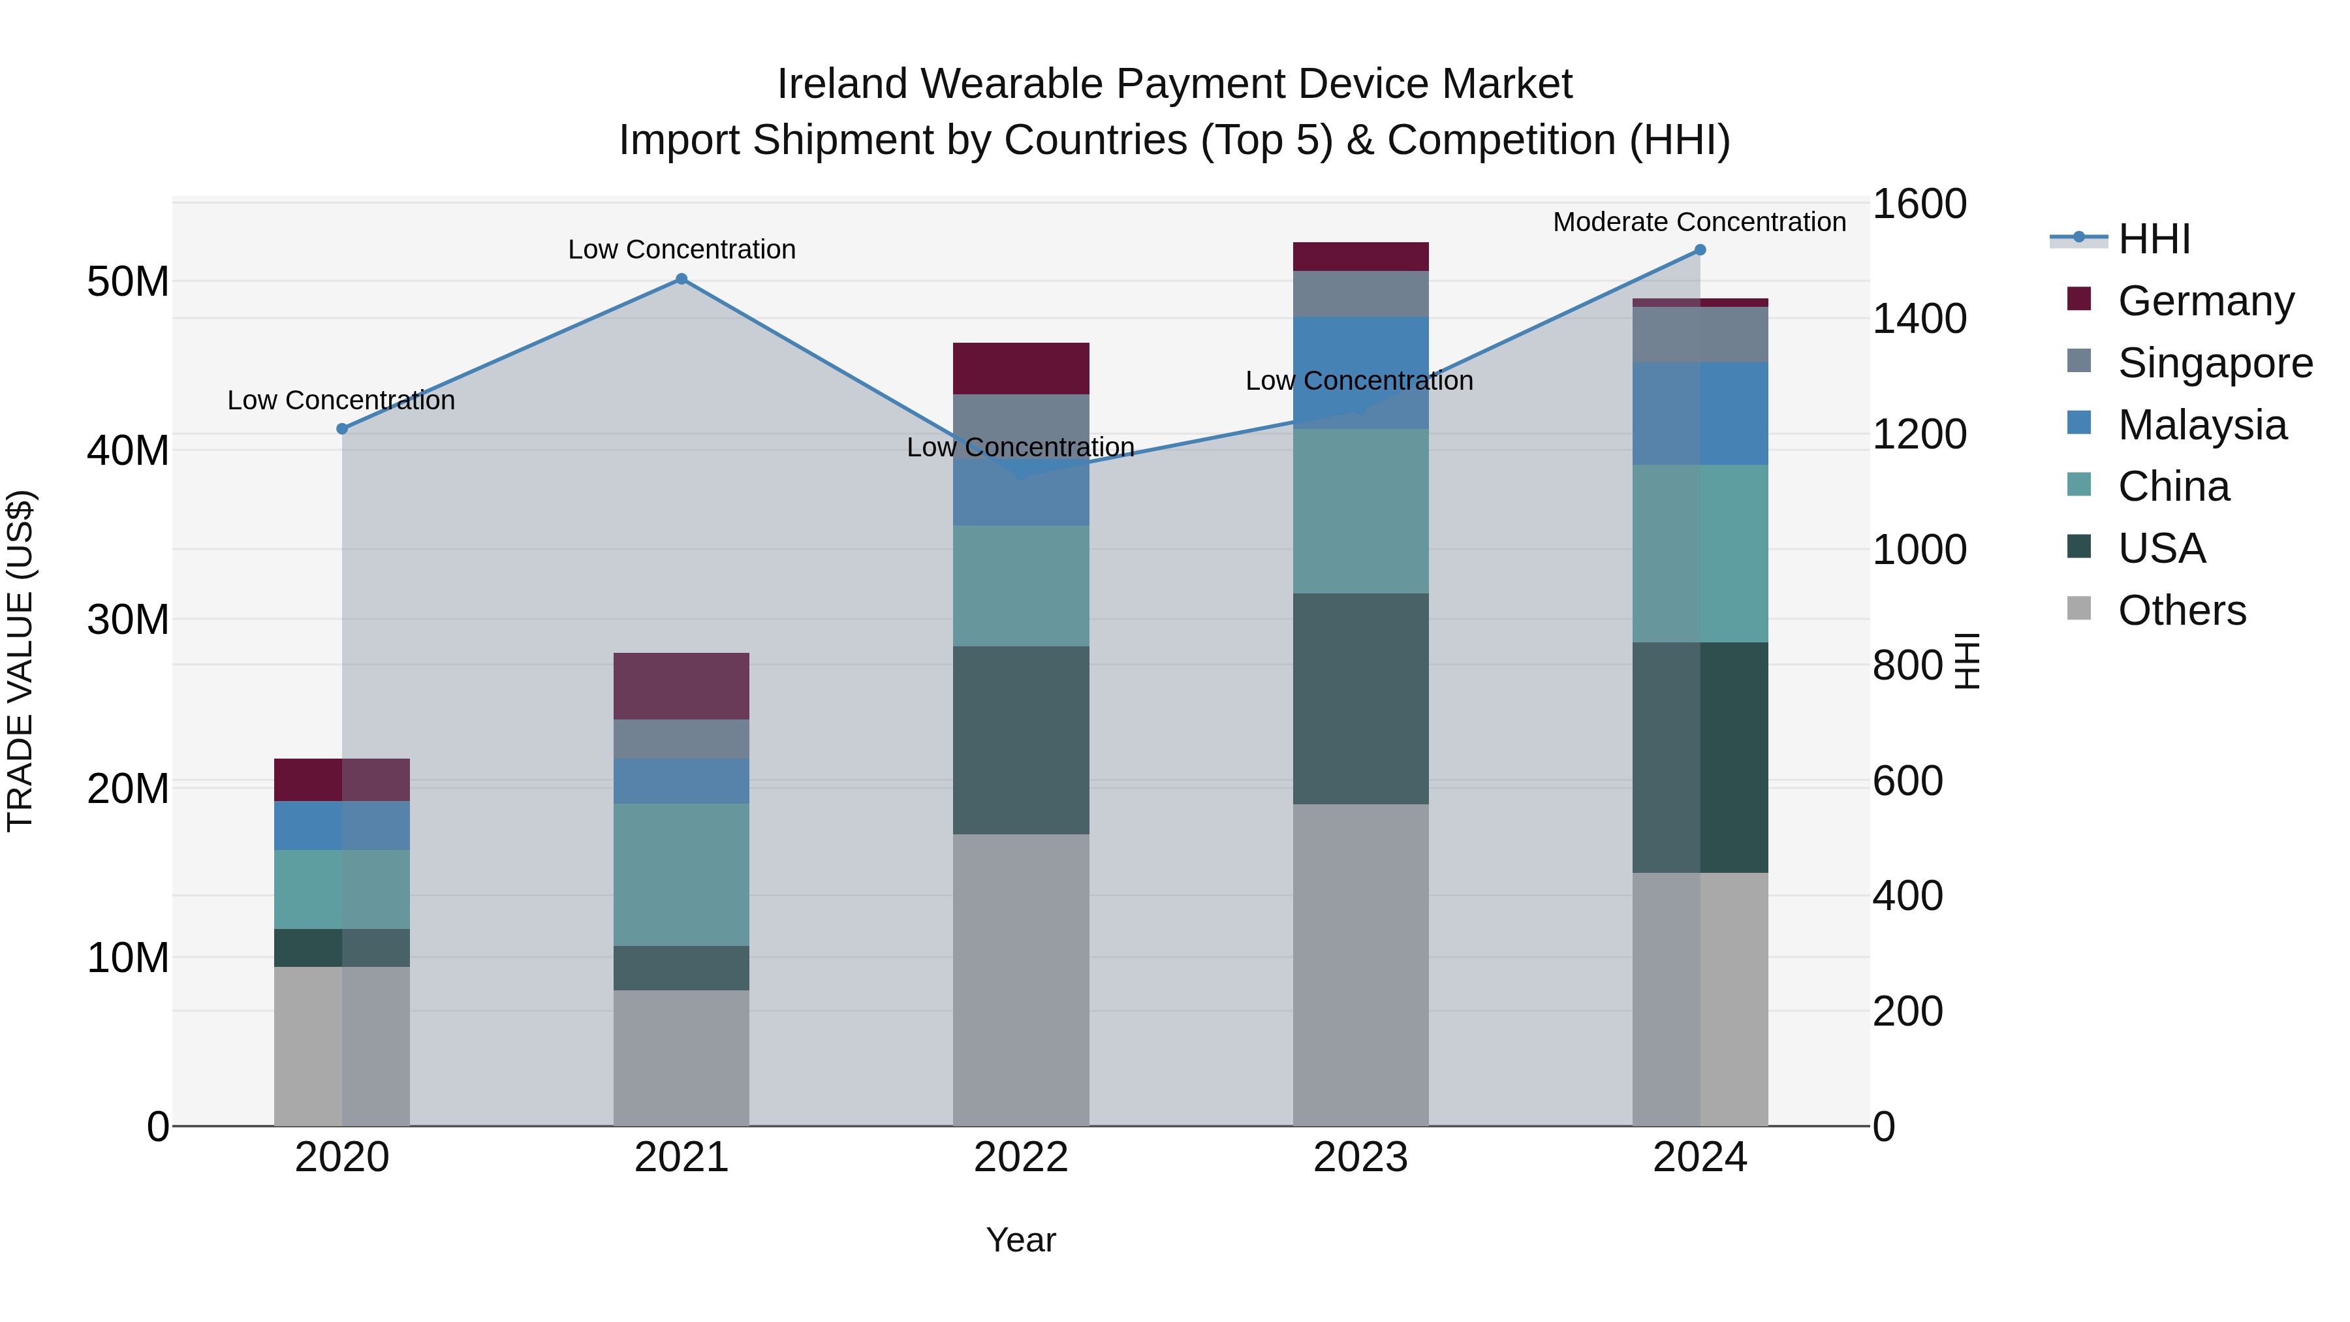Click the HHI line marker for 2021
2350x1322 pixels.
(x=681, y=279)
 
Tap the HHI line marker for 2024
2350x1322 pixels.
(x=1700, y=250)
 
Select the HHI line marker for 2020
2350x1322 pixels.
(x=342, y=429)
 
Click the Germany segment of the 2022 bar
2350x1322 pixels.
(x=1021, y=369)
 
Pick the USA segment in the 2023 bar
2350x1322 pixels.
(x=1360, y=699)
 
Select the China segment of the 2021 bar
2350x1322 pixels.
(x=681, y=874)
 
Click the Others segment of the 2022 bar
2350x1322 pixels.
(x=1021, y=980)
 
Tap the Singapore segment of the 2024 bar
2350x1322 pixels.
(x=1700, y=335)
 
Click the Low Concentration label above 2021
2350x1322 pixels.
(x=681, y=249)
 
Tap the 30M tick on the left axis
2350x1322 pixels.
(x=128, y=620)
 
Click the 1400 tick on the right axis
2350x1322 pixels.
(x=1919, y=319)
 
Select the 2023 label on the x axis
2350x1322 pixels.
(x=1360, y=1157)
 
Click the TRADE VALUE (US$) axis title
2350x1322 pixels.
(x=20, y=661)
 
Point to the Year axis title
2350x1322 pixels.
(x=1021, y=1240)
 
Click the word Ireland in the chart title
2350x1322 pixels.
(x=843, y=84)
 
